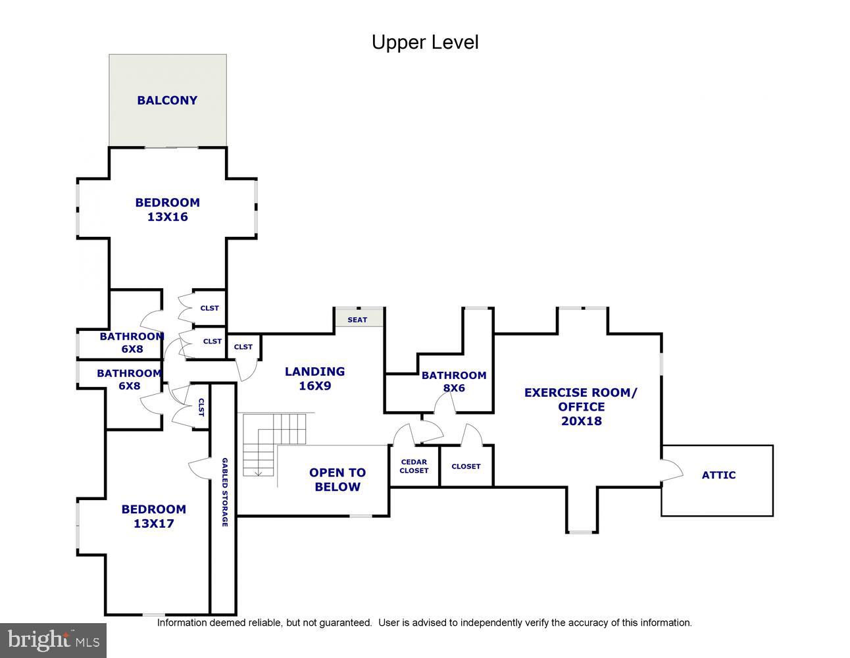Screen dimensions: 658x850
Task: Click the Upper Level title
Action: click(x=425, y=42)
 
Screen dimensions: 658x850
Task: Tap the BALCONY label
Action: click(x=167, y=100)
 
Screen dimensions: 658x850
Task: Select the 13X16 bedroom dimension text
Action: click(x=167, y=217)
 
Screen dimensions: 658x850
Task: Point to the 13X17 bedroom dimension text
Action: click(x=153, y=524)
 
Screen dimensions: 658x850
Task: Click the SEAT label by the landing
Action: click(x=357, y=320)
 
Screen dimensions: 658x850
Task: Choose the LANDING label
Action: click(x=314, y=372)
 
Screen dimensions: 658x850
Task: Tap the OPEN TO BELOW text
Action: click(x=337, y=480)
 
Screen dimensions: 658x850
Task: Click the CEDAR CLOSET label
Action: click(x=414, y=467)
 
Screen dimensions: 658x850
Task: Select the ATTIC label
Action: click(x=718, y=475)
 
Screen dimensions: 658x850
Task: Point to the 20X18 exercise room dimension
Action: click(x=581, y=421)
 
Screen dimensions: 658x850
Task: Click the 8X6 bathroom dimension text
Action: click(x=454, y=388)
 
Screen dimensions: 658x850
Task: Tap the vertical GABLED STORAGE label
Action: click(x=224, y=492)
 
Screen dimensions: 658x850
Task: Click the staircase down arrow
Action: click(x=259, y=471)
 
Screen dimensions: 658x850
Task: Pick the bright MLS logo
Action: click(x=53, y=640)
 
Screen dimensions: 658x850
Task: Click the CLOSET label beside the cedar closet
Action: click(x=466, y=467)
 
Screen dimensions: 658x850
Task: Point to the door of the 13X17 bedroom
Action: click(x=199, y=468)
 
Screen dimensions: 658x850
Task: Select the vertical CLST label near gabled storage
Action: click(x=201, y=408)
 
